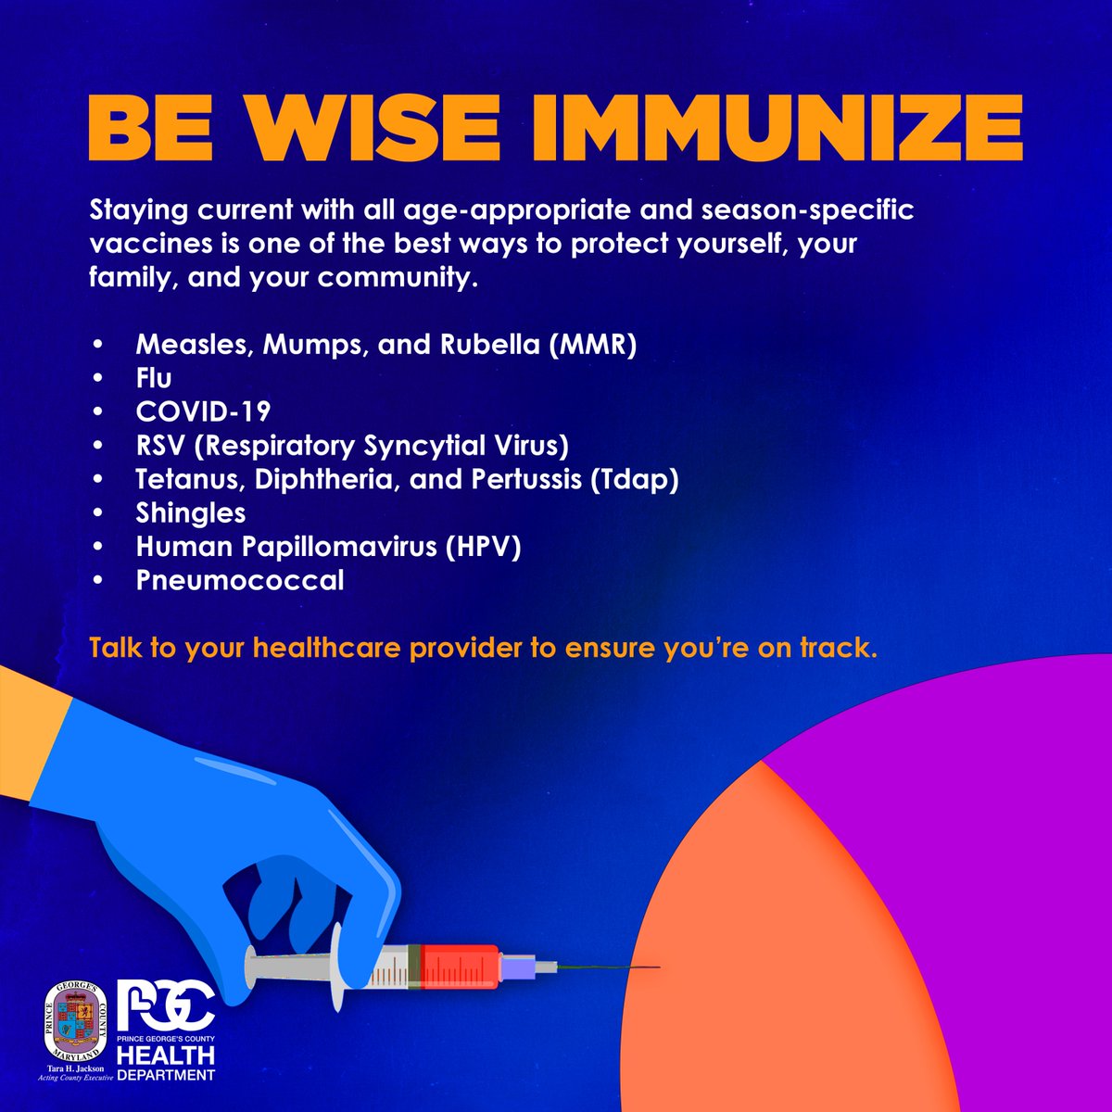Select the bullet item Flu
[x=154, y=378]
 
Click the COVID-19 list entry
[x=203, y=411]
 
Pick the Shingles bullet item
[x=191, y=512]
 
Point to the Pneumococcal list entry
[x=240, y=580]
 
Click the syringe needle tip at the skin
[x=655, y=968]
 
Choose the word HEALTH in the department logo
[x=167, y=1055]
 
